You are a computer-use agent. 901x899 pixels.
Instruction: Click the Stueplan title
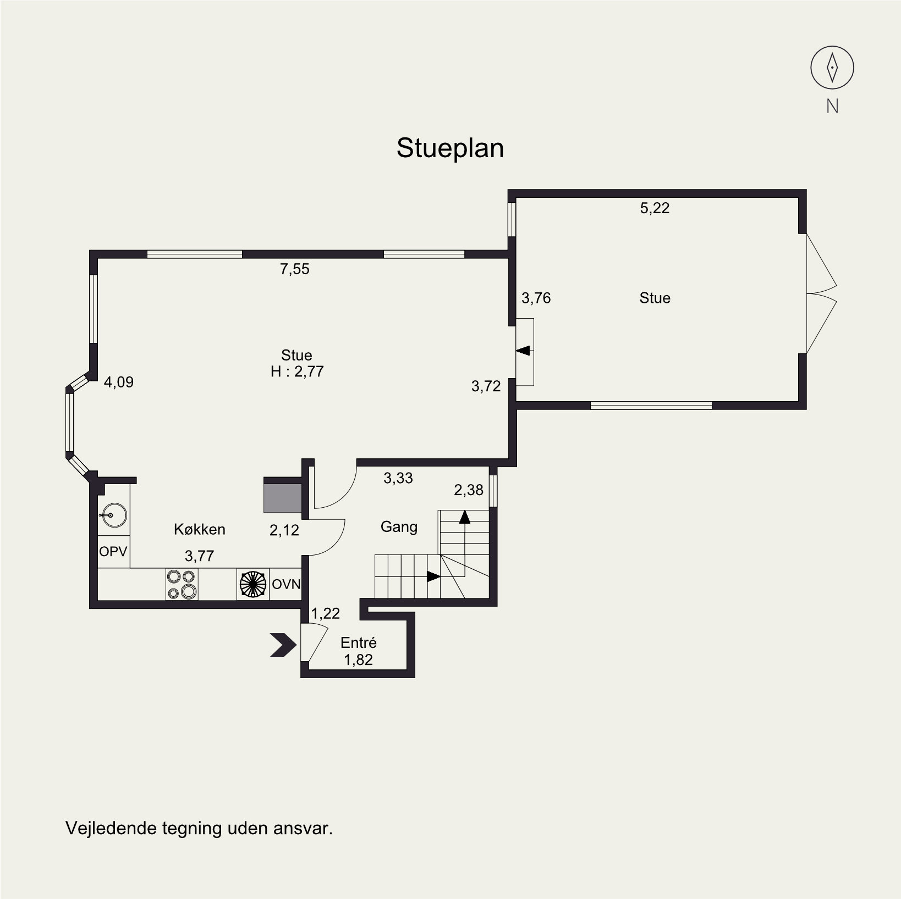pos(450,148)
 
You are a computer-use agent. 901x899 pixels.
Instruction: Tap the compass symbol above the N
pos(832,68)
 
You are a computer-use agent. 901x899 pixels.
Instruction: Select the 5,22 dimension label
pos(655,208)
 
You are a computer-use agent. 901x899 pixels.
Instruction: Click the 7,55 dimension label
pos(295,269)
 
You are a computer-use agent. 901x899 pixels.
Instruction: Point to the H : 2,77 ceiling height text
pos(297,371)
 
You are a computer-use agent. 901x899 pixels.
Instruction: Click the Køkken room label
pos(200,529)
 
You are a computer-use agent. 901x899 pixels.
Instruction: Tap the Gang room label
pos(399,527)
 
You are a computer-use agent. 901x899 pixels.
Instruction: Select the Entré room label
pos(359,642)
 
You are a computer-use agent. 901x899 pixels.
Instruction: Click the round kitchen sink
pos(114,515)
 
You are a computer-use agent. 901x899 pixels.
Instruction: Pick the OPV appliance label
pos(113,551)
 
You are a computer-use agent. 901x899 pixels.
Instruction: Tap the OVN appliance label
pos(286,584)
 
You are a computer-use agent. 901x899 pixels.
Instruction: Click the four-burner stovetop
pos(182,584)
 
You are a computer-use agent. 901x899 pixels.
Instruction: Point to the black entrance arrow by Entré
pos(283,645)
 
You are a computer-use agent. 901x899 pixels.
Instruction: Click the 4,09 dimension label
pos(119,382)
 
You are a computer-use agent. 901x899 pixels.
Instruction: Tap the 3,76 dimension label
pos(536,298)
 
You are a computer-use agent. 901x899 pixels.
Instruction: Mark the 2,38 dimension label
pos(469,490)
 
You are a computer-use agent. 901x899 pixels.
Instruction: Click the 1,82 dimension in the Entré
pos(359,660)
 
